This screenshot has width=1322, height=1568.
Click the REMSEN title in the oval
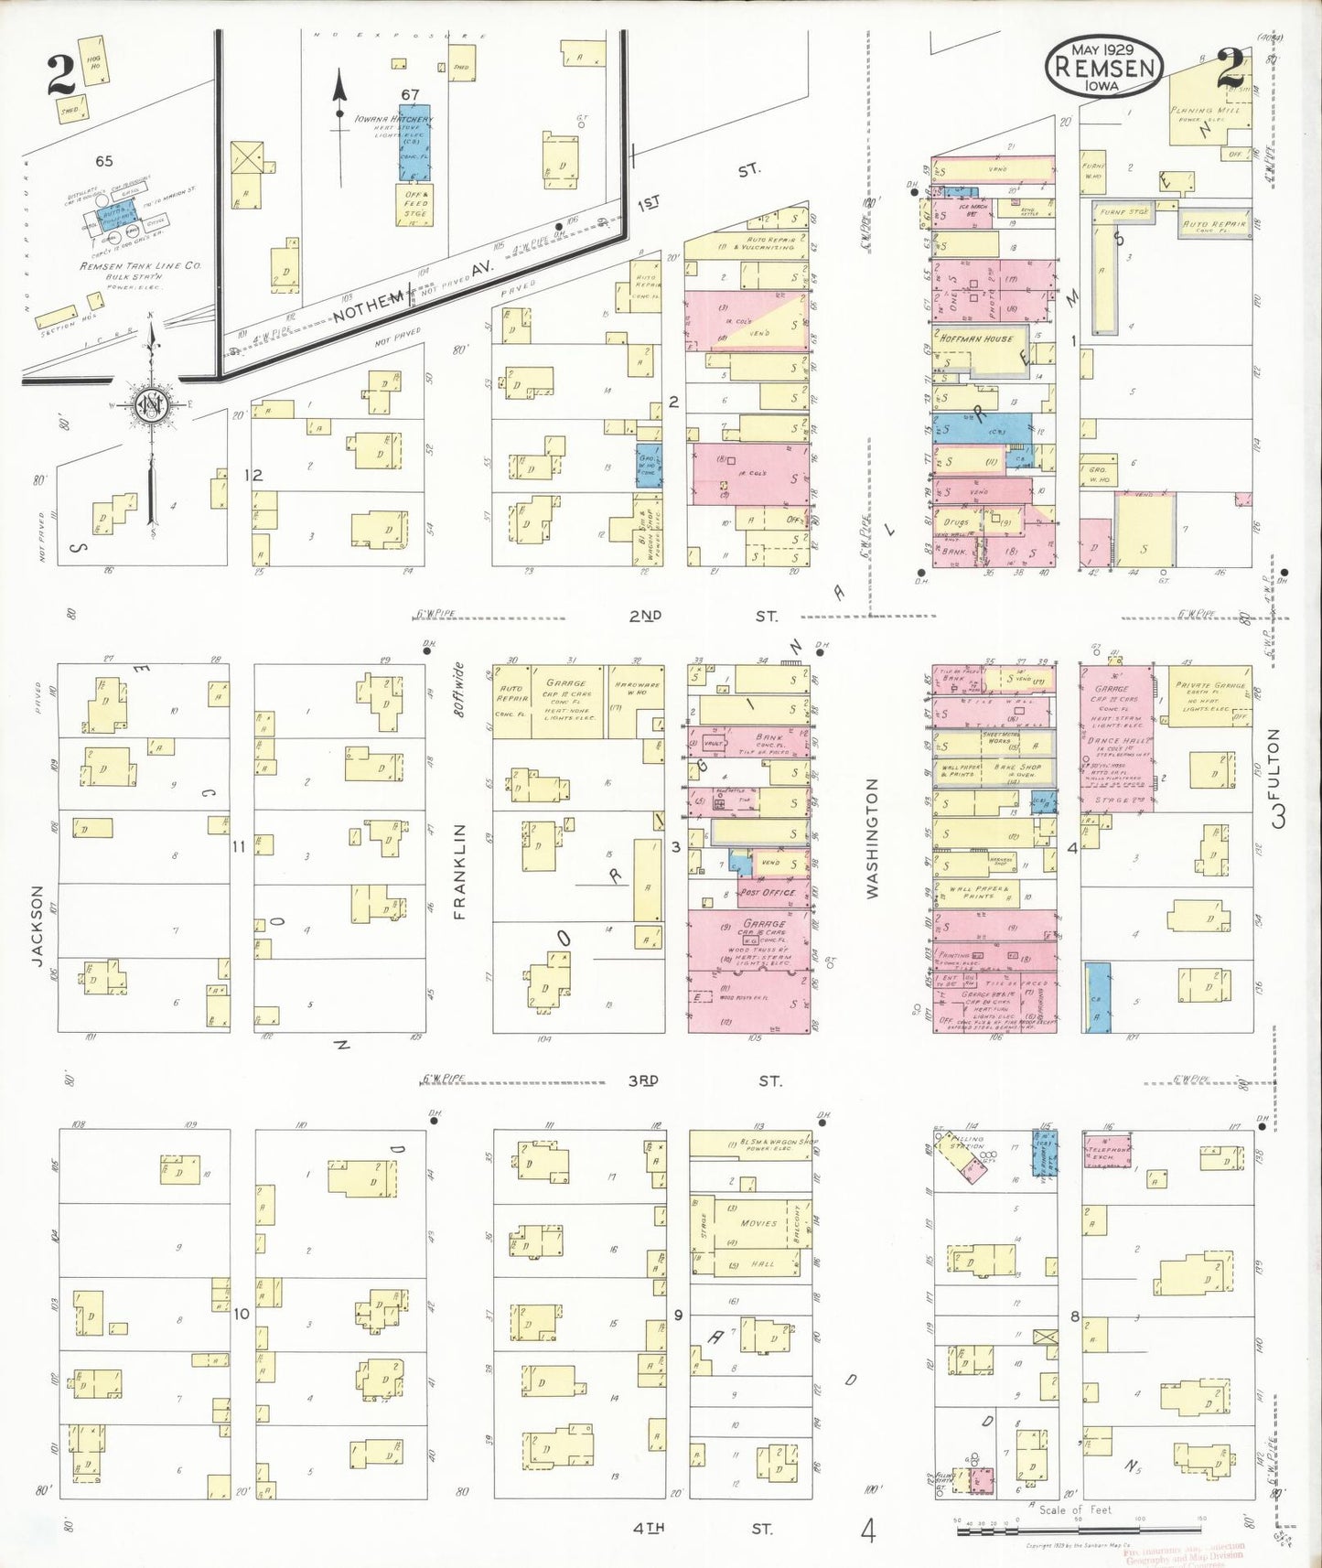(1106, 67)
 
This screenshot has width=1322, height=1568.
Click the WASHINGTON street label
(872, 838)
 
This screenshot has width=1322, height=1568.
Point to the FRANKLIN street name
(459, 870)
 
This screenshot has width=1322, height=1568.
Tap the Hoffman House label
(976, 338)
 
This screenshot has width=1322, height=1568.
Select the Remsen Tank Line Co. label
(140, 266)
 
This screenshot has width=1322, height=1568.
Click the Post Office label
(768, 892)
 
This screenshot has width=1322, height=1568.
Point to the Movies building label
(758, 1222)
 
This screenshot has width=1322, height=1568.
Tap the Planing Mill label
(1205, 110)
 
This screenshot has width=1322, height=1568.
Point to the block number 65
(104, 161)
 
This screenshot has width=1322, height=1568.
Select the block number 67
(410, 94)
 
